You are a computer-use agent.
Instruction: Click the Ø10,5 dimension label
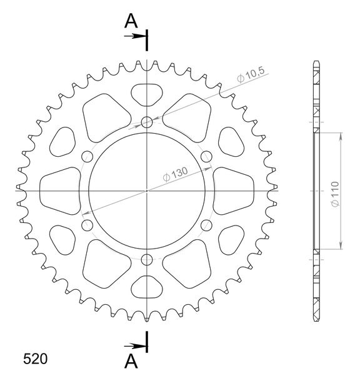click(x=251, y=74)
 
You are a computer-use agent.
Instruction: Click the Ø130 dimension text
click(x=176, y=174)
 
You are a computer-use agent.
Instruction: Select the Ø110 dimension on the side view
click(x=335, y=194)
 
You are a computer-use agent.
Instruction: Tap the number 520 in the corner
click(x=35, y=359)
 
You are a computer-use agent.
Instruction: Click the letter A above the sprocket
click(x=131, y=21)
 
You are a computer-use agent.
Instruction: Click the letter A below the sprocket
click(x=131, y=361)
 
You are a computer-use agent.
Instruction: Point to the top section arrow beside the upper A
click(x=135, y=36)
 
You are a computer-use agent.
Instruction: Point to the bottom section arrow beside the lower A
click(x=135, y=346)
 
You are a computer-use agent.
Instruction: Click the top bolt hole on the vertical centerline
click(x=147, y=122)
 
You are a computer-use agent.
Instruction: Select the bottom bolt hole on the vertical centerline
click(x=147, y=260)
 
